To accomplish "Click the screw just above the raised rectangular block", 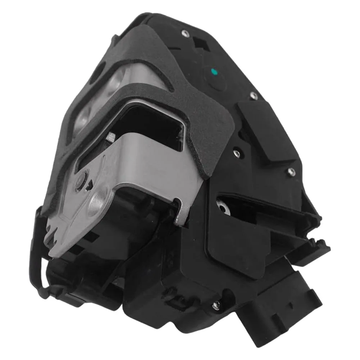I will click(x=254, y=95).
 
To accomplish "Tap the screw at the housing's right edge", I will click(x=290, y=171).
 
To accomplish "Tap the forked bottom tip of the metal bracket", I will click(x=54, y=237).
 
